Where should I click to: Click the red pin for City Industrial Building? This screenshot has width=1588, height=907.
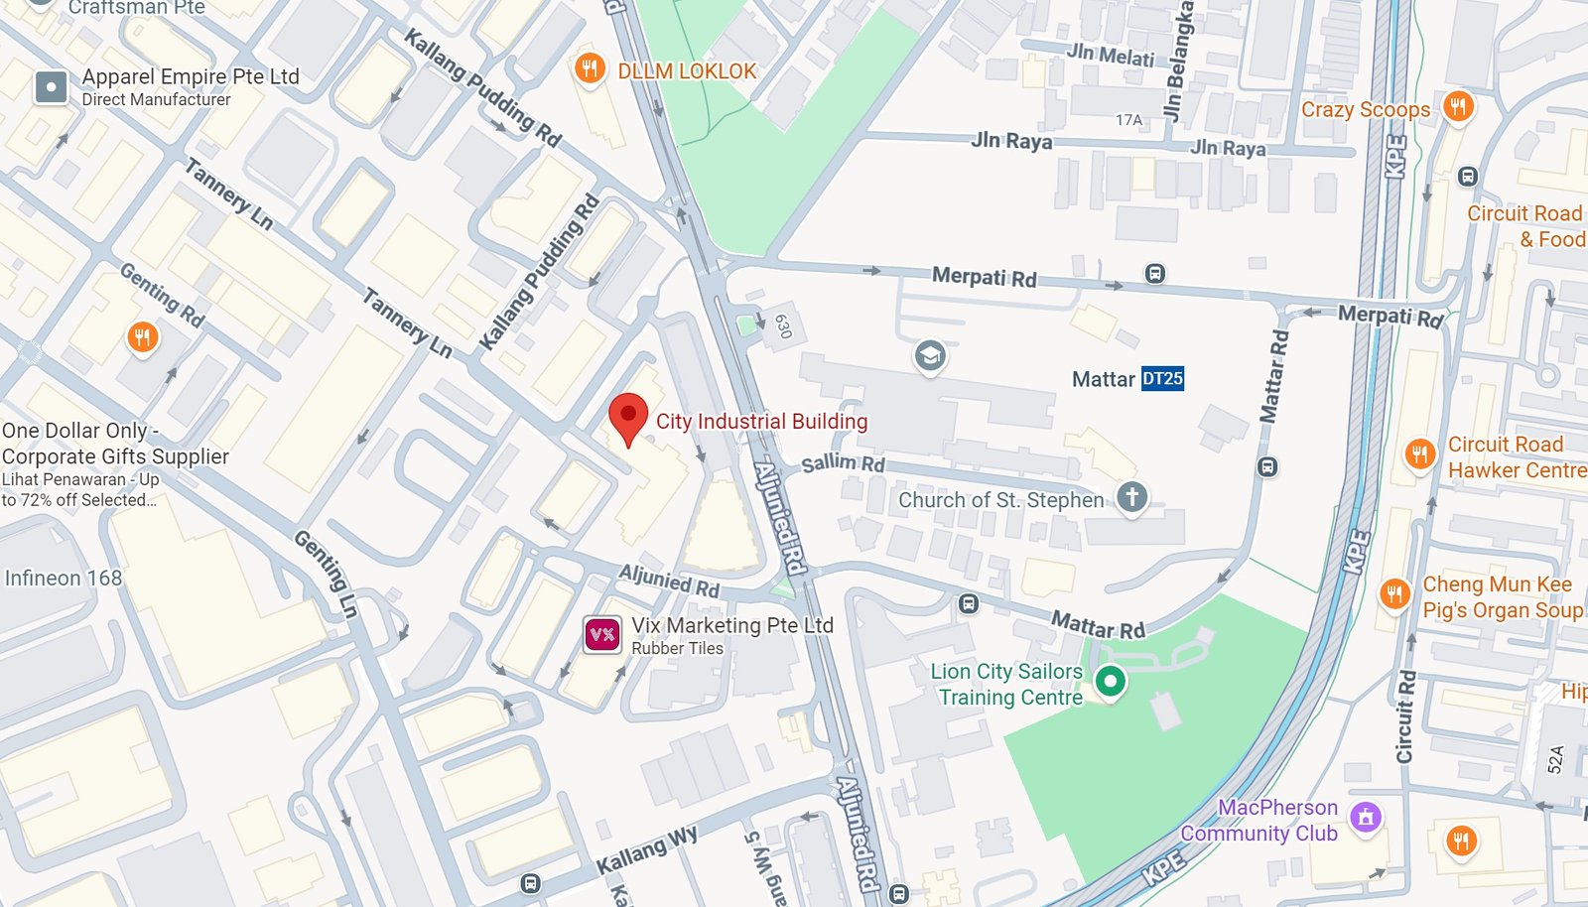627,416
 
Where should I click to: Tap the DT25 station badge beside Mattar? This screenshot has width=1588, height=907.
1162,378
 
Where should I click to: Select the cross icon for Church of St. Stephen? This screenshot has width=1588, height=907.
1131,496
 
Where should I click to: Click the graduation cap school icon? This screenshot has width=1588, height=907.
930,355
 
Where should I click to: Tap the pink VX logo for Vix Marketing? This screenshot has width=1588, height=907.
602,634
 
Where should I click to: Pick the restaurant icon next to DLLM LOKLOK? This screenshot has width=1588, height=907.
590,69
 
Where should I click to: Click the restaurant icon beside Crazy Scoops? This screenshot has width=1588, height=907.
1457,106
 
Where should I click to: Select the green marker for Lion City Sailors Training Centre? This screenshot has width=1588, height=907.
1110,681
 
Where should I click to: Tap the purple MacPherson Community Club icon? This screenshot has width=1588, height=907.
1366,818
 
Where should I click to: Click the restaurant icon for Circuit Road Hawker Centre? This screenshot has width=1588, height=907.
1419,454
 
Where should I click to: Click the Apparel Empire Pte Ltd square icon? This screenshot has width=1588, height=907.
51,87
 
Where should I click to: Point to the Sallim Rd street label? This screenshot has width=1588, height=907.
843,462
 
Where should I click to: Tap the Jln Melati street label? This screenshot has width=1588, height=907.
1110,55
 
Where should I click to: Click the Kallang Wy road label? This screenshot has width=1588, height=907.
646,850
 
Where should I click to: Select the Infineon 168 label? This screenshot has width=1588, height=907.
64,578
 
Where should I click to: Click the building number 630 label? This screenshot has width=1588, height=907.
782,325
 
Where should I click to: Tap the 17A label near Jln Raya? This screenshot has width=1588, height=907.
1128,120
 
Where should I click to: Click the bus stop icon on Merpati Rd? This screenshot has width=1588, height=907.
1154,273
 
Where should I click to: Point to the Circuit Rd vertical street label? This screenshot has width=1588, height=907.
1405,716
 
